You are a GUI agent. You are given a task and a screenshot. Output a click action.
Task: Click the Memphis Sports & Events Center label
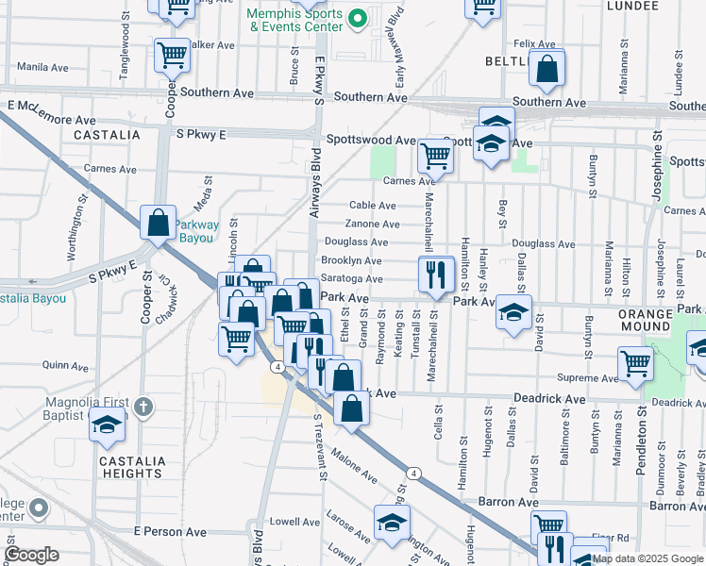(x=294, y=21)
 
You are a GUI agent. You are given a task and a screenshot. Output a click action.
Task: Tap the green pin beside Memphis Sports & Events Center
(x=357, y=18)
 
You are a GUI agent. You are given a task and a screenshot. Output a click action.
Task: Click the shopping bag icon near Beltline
(x=546, y=68)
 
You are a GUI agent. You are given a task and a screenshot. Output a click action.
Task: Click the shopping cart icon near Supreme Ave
(x=636, y=361)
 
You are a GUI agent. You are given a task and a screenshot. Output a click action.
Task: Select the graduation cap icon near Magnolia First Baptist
(x=107, y=424)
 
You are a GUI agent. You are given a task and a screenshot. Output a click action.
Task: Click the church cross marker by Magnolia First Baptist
(x=143, y=408)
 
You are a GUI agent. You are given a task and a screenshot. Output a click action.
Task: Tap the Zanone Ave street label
(x=373, y=225)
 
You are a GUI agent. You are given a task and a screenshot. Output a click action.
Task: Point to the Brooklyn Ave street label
(x=351, y=260)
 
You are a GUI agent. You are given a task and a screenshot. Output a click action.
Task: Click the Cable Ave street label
(x=373, y=205)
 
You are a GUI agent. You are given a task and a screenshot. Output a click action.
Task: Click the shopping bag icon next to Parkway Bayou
(x=158, y=223)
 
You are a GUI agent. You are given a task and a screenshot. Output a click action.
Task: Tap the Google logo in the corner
(x=31, y=554)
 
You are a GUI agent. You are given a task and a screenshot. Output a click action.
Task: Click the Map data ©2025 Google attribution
(x=646, y=558)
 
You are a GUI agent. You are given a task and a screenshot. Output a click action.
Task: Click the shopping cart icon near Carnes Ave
(x=435, y=155)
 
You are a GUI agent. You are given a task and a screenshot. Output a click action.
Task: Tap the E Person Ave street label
(x=170, y=533)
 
